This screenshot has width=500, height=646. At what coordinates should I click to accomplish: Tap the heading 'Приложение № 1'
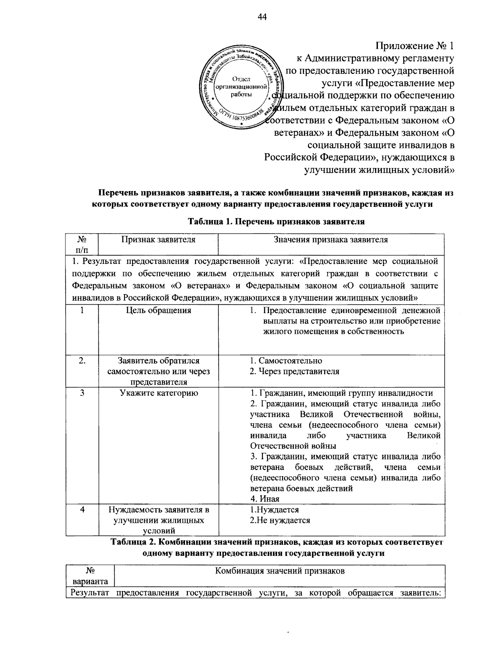click(415, 45)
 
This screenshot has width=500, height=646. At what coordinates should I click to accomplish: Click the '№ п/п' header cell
click(82, 244)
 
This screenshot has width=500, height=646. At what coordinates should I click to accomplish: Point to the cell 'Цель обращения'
click(158, 310)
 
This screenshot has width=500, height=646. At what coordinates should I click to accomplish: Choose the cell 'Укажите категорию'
click(158, 393)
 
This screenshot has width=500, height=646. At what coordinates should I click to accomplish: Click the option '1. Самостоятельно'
click(286, 360)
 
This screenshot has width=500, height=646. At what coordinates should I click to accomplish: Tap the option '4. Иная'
click(265, 499)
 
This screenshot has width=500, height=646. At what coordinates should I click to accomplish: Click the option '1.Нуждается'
click(274, 509)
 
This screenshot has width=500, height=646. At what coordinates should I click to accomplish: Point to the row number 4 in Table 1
click(82, 509)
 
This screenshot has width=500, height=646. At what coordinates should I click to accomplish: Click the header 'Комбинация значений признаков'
click(280, 571)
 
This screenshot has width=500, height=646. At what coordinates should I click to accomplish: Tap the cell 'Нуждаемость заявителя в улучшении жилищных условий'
click(158, 520)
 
